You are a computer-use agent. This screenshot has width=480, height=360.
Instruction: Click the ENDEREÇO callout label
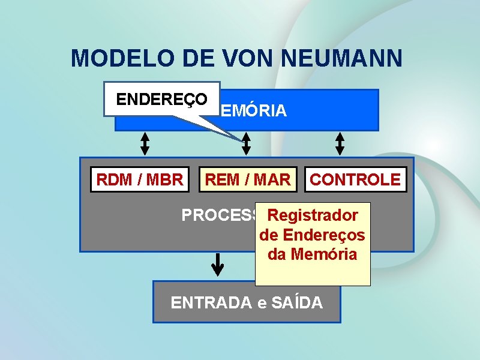[162, 99]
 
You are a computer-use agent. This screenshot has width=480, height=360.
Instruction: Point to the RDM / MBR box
[140, 179]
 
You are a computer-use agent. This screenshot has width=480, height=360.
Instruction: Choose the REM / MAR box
[248, 179]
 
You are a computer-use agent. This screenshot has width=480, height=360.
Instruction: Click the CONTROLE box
[355, 179]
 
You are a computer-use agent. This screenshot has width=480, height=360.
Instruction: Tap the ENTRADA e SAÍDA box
[247, 302]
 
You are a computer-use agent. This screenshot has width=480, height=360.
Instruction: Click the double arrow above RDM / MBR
[145, 143]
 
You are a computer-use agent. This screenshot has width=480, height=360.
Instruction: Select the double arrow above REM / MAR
[246, 143]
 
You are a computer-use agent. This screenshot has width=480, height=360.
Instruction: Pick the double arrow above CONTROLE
[340, 143]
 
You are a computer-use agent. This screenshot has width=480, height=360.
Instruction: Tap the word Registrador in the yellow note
[313, 215]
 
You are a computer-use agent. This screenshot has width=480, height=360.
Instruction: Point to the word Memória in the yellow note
[323, 254]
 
